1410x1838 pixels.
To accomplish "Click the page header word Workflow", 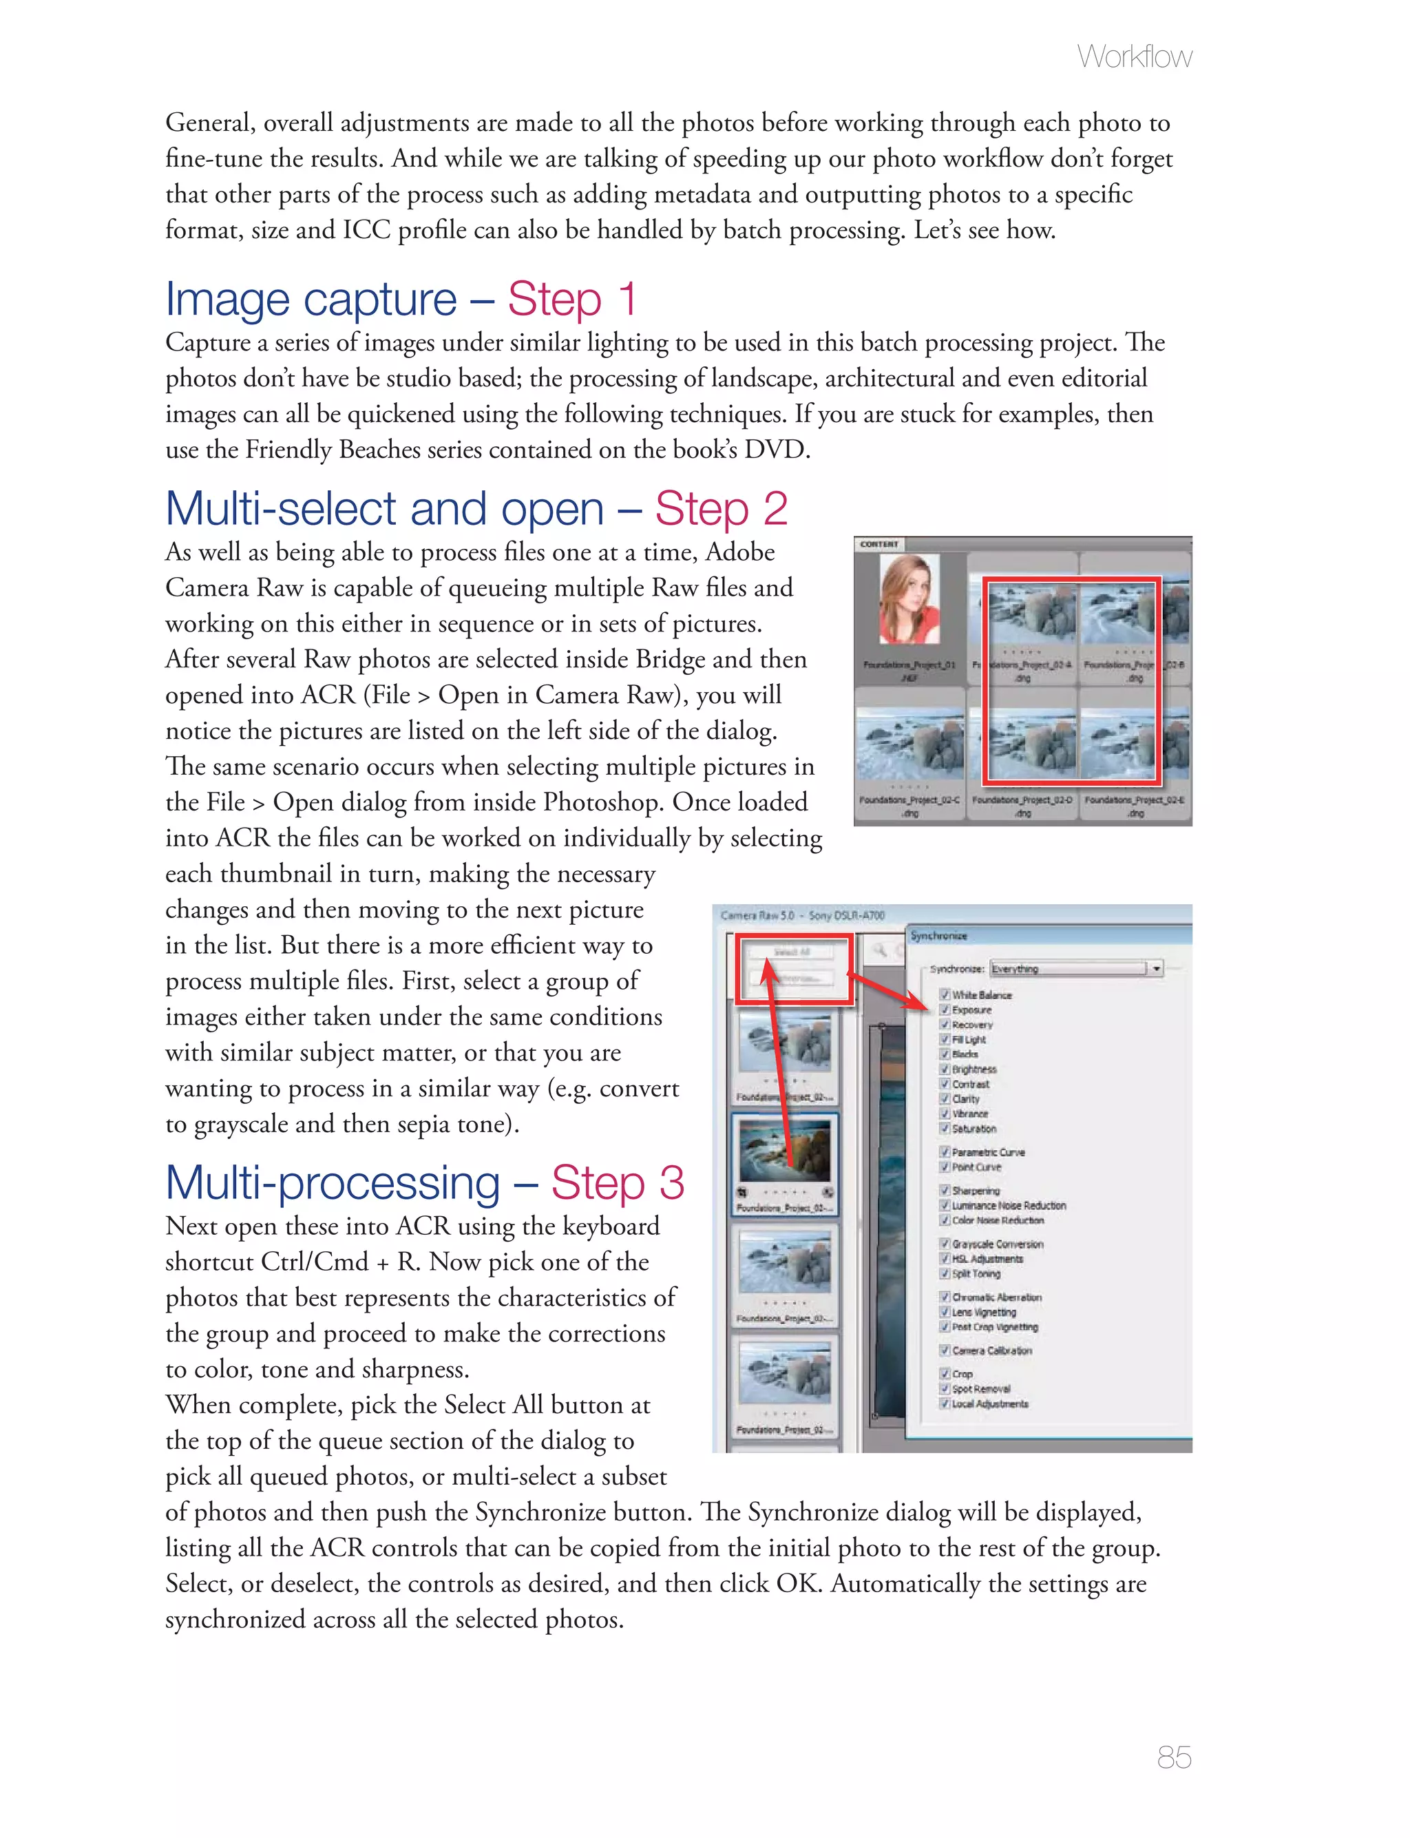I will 1134,57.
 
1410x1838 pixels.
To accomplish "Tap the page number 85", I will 1173,1757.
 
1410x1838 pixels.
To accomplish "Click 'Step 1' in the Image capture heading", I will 571,300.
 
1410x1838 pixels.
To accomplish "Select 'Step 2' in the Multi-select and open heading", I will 721,510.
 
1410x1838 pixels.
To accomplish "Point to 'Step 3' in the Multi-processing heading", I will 618,1183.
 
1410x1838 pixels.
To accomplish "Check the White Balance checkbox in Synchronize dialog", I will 944,994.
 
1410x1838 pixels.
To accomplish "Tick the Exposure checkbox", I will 944,1010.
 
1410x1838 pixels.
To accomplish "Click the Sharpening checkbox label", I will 976,1190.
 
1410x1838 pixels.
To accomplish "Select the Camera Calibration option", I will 991,1350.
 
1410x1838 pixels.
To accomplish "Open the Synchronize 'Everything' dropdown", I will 1156,968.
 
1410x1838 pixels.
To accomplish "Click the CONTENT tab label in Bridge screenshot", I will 878,544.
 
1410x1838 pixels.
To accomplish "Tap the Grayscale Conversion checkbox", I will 944,1244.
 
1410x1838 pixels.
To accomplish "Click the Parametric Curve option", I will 988,1152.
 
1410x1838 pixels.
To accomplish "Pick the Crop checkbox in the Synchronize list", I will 944,1374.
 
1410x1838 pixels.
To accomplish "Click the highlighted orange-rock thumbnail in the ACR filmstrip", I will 785,1151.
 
